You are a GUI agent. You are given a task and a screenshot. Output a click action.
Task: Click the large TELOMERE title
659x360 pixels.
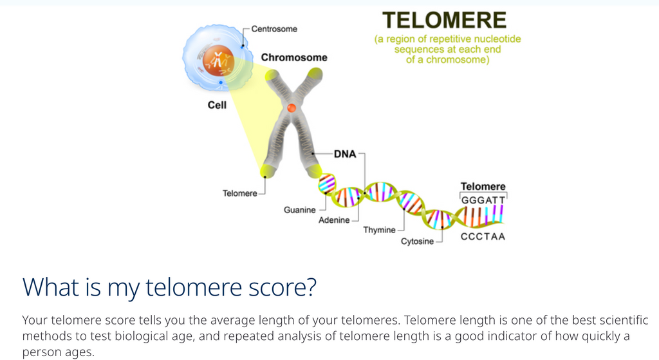click(444, 20)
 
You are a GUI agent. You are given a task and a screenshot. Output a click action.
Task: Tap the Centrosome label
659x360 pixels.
click(274, 29)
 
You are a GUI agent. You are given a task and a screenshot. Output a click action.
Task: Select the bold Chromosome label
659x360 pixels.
click(294, 57)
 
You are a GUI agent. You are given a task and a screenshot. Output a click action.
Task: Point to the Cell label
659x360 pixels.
click(217, 105)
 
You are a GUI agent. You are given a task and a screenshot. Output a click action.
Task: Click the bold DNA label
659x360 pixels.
click(345, 154)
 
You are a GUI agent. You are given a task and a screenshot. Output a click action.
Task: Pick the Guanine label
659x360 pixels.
click(300, 210)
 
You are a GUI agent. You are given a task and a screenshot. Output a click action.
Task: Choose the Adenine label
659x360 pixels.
click(334, 220)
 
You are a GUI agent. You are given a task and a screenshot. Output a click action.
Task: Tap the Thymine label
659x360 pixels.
click(380, 230)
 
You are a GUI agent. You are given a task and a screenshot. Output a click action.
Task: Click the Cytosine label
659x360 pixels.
click(417, 242)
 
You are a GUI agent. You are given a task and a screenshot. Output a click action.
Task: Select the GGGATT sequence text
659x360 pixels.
click(483, 200)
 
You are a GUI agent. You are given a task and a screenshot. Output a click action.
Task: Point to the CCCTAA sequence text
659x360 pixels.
click(483, 236)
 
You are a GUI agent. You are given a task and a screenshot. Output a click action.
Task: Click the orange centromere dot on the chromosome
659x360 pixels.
click(292, 108)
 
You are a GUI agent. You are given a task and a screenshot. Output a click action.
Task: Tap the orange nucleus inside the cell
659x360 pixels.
click(218, 61)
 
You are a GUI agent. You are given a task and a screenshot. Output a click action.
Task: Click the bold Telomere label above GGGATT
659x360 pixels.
click(483, 186)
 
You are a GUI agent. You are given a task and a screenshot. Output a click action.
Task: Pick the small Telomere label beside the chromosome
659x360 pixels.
click(239, 193)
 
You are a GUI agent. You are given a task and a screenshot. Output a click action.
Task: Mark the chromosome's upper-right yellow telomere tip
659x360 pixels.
click(315, 74)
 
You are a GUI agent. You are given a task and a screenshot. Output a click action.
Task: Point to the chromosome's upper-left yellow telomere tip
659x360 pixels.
click(272, 76)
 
